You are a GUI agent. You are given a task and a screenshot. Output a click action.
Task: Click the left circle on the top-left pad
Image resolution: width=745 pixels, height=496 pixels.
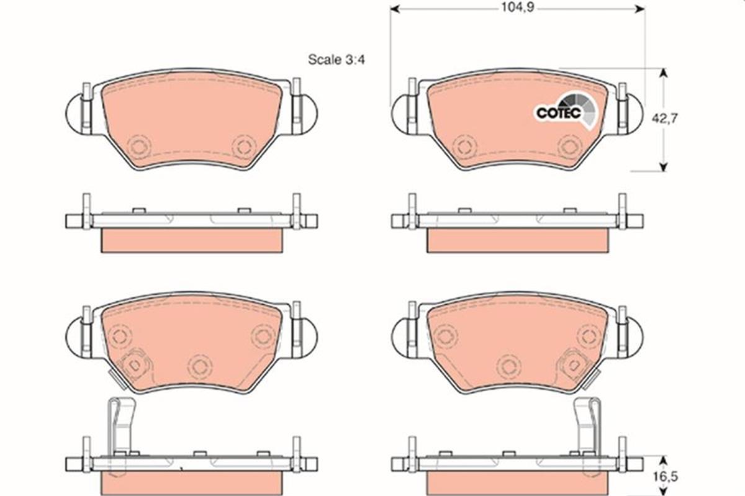[138, 147]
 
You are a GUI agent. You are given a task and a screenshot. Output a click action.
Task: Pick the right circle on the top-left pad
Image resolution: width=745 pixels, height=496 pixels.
[243, 147]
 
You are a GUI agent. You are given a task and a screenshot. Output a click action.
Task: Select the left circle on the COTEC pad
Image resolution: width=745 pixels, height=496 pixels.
[465, 147]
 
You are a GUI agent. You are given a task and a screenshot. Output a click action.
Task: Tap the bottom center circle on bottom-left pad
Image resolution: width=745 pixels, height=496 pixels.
[199, 366]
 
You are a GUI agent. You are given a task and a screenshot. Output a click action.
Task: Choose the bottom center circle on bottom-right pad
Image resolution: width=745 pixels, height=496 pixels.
[509, 366]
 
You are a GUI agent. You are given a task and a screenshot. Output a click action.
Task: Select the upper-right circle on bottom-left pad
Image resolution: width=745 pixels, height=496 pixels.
[263, 335]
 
